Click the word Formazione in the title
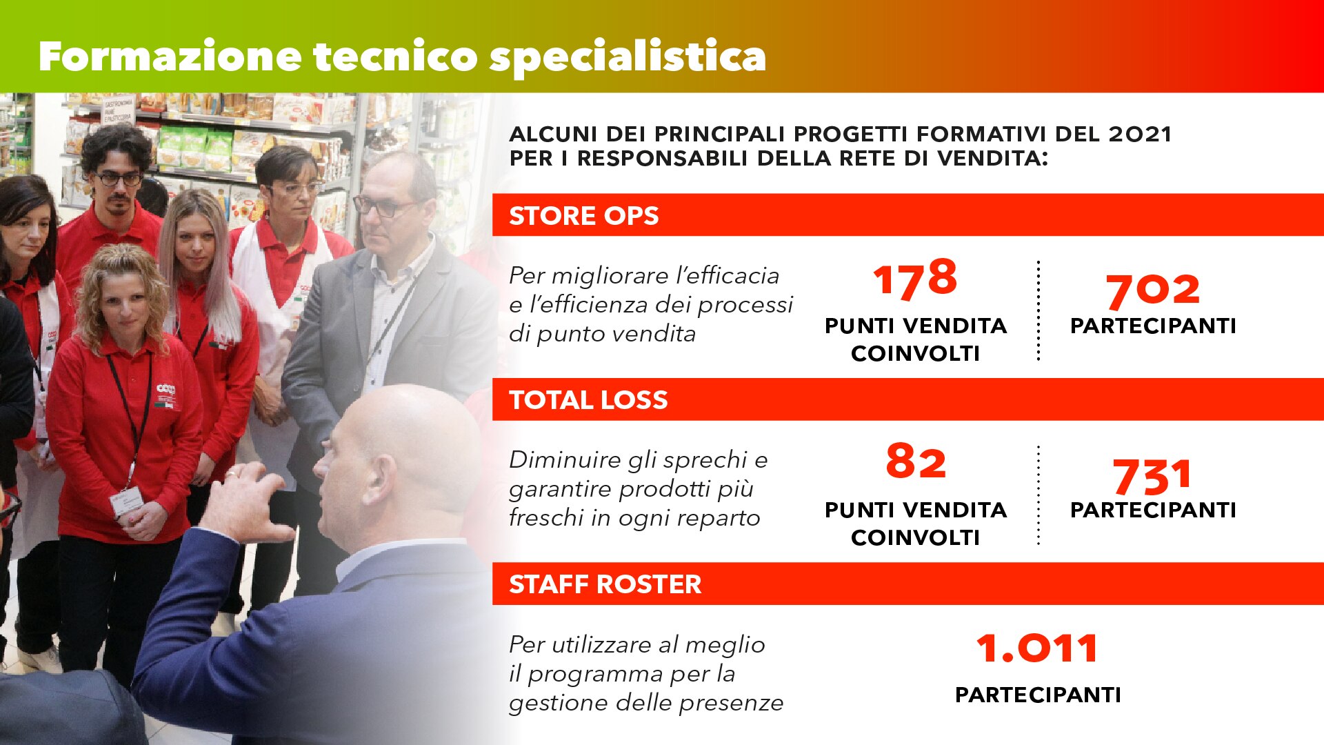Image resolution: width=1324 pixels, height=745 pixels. pos(170,56)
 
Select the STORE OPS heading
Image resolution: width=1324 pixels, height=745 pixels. pos(583,216)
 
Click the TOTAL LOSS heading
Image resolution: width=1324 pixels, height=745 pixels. pos(588,400)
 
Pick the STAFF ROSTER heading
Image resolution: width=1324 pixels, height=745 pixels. pos(605,584)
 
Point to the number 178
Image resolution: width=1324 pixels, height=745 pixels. pos(915,279)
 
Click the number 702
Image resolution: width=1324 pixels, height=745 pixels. pos(1153,290)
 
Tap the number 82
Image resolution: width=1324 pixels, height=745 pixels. pos(915,461)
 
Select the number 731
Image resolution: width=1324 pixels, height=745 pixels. pos(1152,476)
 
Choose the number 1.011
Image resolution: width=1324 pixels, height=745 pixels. pos(1037,648)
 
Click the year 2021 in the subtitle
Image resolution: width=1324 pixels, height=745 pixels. pos(1140,134)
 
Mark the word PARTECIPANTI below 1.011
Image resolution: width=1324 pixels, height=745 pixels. pos(1038,695)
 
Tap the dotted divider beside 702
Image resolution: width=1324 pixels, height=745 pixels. pos(1038,310)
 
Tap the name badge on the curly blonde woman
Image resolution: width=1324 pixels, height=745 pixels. pos(126,504)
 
